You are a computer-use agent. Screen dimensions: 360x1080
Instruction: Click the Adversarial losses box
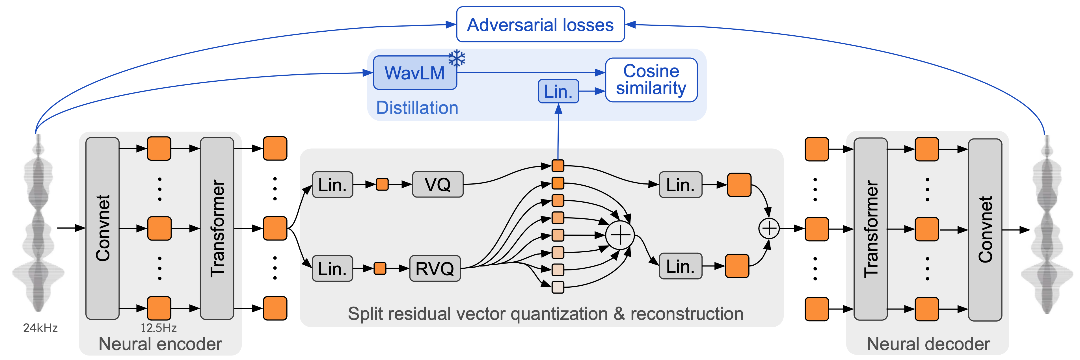pyautogui.click(x=540, y=25)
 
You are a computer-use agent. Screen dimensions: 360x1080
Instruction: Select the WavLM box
pyautogui.click(x=415, y=73)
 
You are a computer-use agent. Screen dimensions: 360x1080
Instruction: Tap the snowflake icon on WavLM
pyautogui.click(x=457, y=58)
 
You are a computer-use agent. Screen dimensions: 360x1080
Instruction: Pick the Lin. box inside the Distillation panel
pyautogui.click(x=558, y=91)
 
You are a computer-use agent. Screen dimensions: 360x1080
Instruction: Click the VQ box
pyautogui.click(x=437, y=185)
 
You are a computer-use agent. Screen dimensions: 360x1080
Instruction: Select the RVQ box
pyautogui.click(x=435, y=268)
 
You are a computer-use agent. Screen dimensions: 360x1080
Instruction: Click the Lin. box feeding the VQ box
pyautogui.click(x=332, y=185)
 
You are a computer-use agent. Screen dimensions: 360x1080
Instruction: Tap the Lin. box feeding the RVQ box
pyautogui.click(x=332, y=268)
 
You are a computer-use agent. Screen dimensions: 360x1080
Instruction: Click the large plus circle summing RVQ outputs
pyautogui.click(x=620, y=235)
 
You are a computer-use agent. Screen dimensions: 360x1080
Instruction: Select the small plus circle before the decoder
pyautogui.click(x=769, y=228)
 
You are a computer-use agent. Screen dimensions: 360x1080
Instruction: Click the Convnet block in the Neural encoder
pyautogui.click(x=102, y=228)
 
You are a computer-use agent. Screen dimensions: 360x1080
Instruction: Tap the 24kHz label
pyautogui.click(x=40, y=328)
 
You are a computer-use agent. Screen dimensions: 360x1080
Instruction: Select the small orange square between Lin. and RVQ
pyautogui.click(x=380, y=268)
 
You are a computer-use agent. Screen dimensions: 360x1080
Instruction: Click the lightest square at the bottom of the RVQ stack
pyautogui.click(x=558, y=287)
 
